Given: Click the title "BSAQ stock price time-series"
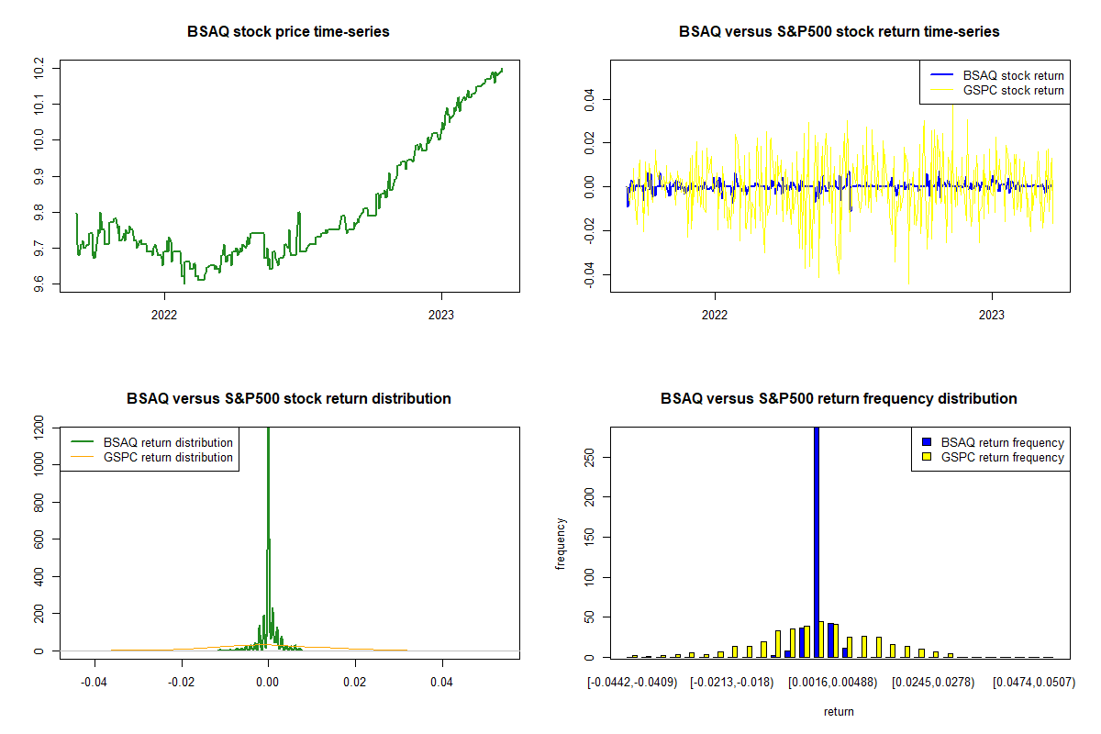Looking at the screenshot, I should (x=288, y=32).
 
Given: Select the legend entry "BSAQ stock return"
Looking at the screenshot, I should (x=1013, y=75).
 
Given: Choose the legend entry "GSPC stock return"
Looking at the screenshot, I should (x=1013, y=90).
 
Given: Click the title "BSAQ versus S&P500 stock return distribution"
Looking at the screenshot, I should (x=288, y=399).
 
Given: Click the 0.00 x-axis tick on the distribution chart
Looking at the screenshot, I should (x=268, y=683).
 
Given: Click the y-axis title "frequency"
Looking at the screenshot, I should (x=562, y=543).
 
